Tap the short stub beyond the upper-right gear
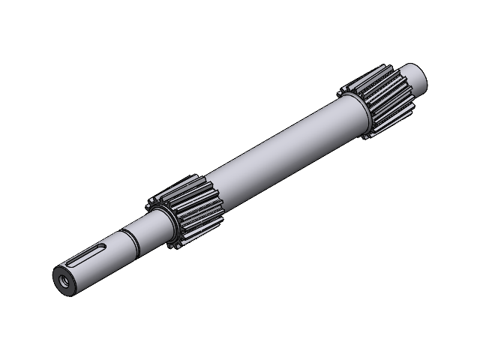(417, 75)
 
